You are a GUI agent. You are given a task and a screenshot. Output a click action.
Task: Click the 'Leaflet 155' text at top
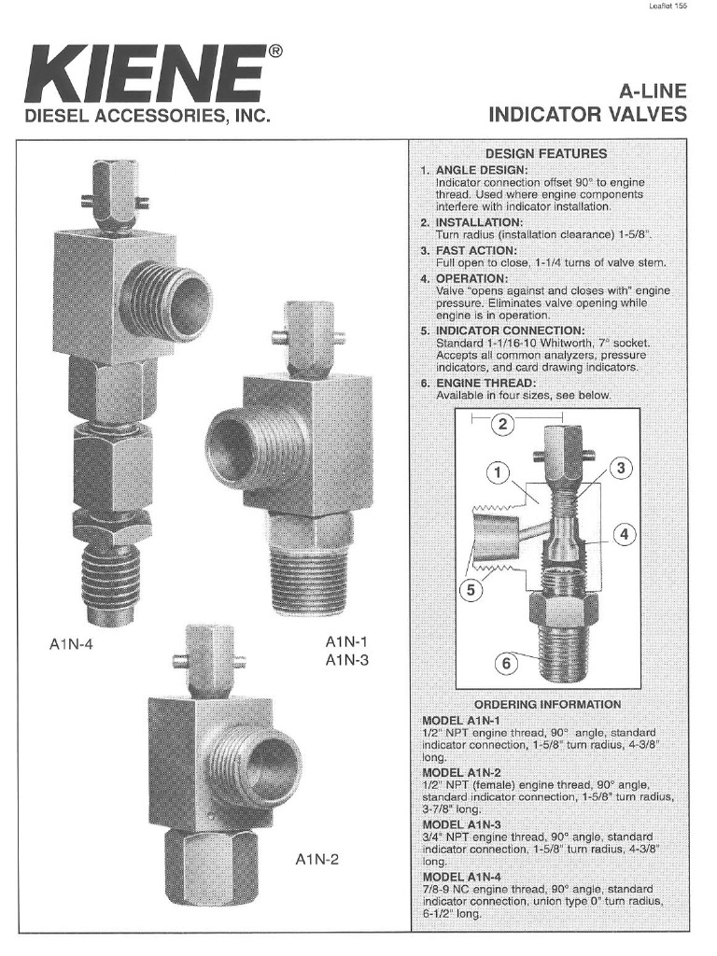pos(667,7)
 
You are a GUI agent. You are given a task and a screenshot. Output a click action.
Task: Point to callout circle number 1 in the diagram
pos(499,473)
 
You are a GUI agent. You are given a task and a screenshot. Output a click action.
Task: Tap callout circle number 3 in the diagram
pos(621,469)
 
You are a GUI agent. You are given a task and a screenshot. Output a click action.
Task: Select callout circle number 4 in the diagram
pos(625,535)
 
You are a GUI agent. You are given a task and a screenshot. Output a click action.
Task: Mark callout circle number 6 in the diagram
pos(506,664)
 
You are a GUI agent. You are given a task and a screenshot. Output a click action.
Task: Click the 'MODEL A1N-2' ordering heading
pos(462,773)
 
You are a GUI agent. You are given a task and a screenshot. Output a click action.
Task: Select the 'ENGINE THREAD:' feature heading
pos(485,383)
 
